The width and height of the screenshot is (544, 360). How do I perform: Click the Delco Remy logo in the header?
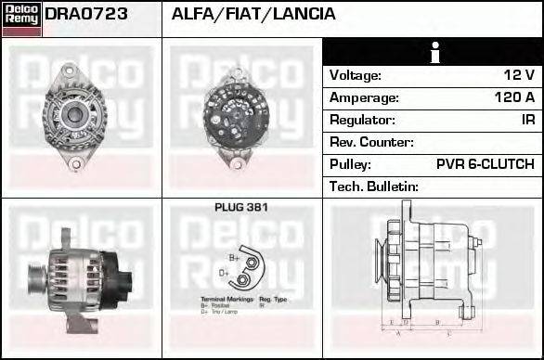[x=21, y=18]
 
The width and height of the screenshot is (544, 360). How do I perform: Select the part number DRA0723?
[x=86, y=14]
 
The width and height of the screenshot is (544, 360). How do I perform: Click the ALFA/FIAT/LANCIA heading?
[x=253, y=14]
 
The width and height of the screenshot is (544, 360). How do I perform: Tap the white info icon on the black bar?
[x=433, y=52]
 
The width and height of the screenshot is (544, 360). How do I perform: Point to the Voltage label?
[x=356, y=75]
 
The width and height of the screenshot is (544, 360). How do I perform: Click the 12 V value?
[x=518, y=75]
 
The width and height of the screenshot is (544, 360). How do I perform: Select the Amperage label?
[x=364, y=97]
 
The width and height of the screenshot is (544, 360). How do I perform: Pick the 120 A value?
[x=514, y=97]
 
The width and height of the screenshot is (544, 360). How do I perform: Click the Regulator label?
[x=363, y=120]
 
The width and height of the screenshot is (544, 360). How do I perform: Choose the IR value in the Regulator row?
[x=527, y=120]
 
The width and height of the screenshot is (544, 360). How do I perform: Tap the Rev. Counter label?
[x=372, y=142]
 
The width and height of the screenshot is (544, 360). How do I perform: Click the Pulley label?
[x=350, y=164]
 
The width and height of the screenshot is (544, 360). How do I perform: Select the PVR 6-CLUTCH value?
[x=485, y=164]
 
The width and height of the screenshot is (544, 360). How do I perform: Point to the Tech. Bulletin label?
[x=374, y=186]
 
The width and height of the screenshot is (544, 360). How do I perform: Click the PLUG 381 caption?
[x=240, y=208]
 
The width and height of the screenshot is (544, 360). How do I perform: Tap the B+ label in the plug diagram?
[x=234, y=257]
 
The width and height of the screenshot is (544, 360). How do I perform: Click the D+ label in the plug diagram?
[x=224, y=273]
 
